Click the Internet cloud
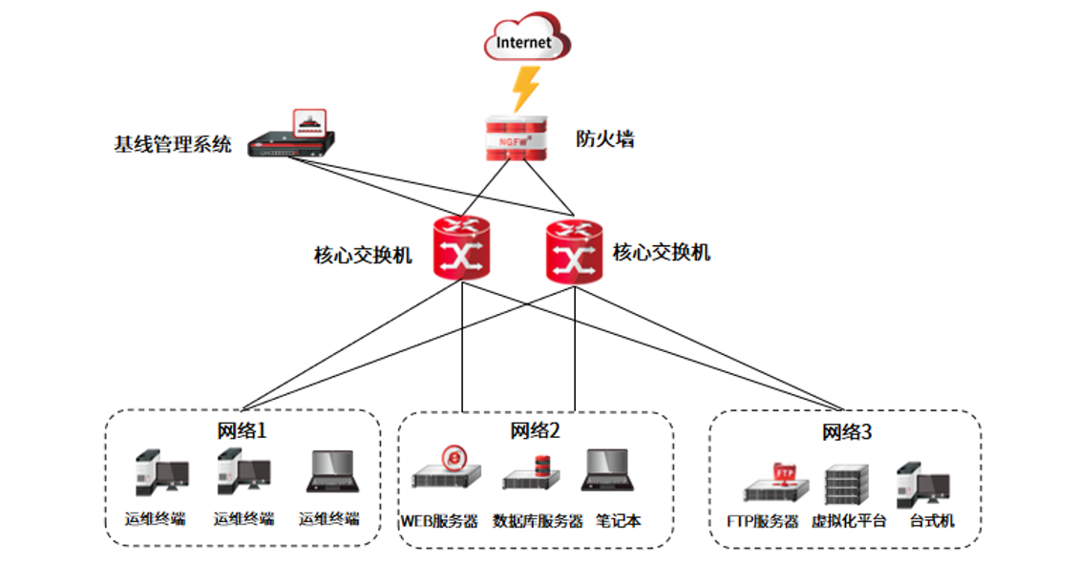coord(525,41)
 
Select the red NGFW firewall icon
coord(516,139)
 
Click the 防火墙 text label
coord(605,139)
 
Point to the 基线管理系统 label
coord(173,145)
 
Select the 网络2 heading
coord(536,430)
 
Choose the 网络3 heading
coord(847,432)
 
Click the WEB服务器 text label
coord(439,521)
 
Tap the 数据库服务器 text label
coord(538,521)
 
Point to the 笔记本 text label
coord(619,521)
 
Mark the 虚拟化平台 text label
coord(849,521)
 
